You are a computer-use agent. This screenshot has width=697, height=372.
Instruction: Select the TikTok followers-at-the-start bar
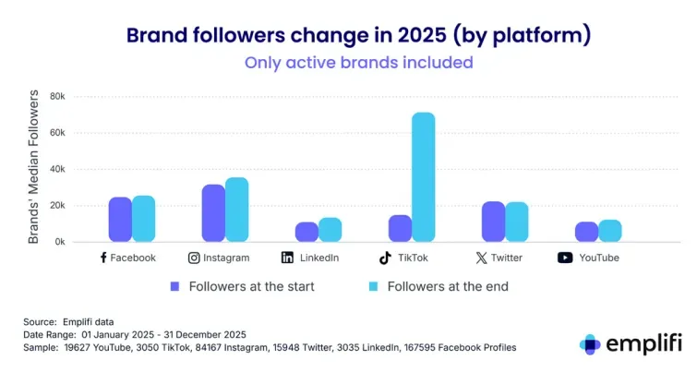(x=400, y=228)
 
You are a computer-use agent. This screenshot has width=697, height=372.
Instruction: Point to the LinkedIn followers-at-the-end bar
(x=330, y=230)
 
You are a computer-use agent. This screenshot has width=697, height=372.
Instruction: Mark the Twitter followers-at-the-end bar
(x=517, y=222)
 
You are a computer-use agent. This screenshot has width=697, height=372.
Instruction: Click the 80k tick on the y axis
(x=57, y=96)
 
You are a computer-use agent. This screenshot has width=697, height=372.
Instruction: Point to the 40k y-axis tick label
(x=57, y=169)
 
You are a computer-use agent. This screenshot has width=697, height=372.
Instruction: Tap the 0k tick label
(x=60, y=242)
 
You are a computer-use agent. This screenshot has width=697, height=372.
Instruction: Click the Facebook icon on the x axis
(x=103, y=258)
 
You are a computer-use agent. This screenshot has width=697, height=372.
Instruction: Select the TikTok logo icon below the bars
(x=385, y=258)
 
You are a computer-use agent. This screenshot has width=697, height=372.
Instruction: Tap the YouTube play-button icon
(x=565, y=258)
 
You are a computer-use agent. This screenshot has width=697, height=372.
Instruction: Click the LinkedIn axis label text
(x=318, y=258)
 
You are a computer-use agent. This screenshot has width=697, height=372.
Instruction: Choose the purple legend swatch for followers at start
(x=175, y=286)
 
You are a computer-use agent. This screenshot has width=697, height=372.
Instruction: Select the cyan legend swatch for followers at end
(x=374, y=286)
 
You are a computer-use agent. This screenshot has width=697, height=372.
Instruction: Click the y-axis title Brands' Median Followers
(x=33, y=167)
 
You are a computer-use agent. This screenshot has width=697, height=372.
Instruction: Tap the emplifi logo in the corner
(x=631, y=343)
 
